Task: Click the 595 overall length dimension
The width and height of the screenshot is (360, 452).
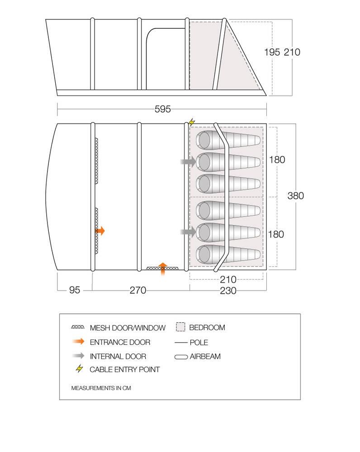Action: [162, 109]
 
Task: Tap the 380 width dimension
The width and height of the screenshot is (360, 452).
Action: [295, 196]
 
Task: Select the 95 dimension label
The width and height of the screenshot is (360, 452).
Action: [75, 290]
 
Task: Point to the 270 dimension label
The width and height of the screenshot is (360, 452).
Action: [137, 290]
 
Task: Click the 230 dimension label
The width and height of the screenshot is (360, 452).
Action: [228, 290]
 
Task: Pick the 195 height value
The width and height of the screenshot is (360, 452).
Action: [272, 52]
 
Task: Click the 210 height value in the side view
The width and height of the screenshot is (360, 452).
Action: [292, 52]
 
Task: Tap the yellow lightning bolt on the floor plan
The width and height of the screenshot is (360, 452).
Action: [192, 122]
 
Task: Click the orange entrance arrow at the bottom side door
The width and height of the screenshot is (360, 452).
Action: [163, 268]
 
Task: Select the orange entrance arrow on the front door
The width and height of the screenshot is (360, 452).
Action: [100, 231]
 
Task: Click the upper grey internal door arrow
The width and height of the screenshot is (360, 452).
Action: [188, 162]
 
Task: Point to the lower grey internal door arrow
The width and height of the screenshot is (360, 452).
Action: [188, 231]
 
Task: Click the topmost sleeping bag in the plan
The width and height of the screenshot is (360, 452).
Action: [228, 141]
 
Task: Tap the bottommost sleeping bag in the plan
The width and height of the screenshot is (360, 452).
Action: [228, 254]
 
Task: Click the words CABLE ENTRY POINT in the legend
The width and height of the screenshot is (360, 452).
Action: [125, 370]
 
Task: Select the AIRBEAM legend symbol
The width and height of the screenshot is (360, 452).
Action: [181, 357]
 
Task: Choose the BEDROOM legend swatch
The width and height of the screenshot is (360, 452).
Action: [180, 327]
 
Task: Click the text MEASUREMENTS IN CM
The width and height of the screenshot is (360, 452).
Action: [101, 388]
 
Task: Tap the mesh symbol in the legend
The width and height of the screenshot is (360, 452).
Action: [78, 327]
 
